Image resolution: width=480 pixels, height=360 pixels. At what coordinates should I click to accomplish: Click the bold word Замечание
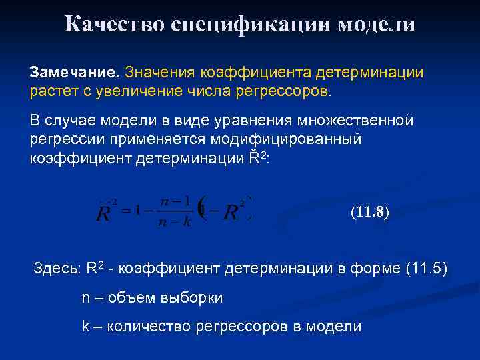tap(74, 71)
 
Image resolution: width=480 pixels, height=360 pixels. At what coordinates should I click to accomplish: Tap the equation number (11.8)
tap(370, 214)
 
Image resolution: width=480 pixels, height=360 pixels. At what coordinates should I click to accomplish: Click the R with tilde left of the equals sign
tap(105, 214)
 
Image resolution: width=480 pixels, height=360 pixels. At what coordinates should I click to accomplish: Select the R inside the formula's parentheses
tap(231, 213)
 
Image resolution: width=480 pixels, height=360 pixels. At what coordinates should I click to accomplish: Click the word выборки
tap(193, 298)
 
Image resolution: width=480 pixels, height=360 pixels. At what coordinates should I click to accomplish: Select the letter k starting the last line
tap(85, 327)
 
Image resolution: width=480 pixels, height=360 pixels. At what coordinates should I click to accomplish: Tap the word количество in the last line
tap(149, 327)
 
